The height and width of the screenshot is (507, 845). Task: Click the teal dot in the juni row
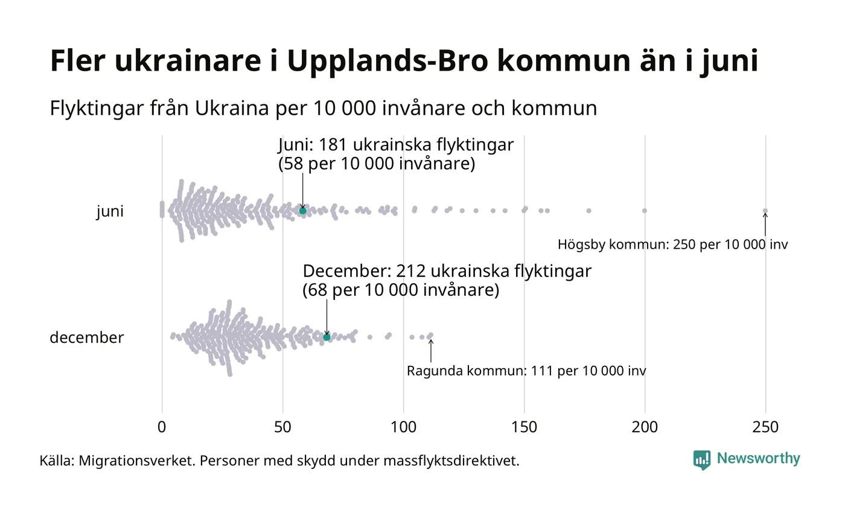pyautogui.click(x=302, y=211)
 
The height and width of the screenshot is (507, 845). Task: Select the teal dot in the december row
pyautogui.click(x=327, y=337)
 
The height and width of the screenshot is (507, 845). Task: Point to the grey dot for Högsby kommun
pyautogui.click(x=765, y=211)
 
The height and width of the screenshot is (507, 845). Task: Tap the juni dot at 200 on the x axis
pyautogui.click(x=645, y=211)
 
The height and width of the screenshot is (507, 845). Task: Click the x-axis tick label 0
pyautogui.click(x=162, y=427)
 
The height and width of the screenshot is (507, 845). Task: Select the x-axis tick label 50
pyautogui.click(x=282, y=427)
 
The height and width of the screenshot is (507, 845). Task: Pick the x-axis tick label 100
pyautogui.click(x=403, y=427)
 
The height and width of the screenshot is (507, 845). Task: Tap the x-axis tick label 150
pyautogui.click(x=524, y=427)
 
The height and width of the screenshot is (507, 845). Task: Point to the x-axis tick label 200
pyautogui.click(x=645, y=427)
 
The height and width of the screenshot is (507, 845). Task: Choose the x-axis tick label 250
pyautogui.click(x=765, y=427)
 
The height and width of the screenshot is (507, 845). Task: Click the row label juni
pyautogui.click(x=110, y=212)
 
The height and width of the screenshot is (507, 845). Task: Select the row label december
pyautogui.click(x=86, y=337)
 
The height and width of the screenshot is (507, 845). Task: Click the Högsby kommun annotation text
pyautogui.click(x=672, y=245)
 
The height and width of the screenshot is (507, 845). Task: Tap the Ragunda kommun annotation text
pyautogui.click(x=526, y=371)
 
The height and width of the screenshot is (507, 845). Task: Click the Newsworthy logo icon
pyautogui.click(x=702, y=460)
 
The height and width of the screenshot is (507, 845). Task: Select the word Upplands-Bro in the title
pyautogui.click(x=384, y=62)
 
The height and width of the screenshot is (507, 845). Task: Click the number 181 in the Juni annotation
pyautogui.click(x=332, y=145)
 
